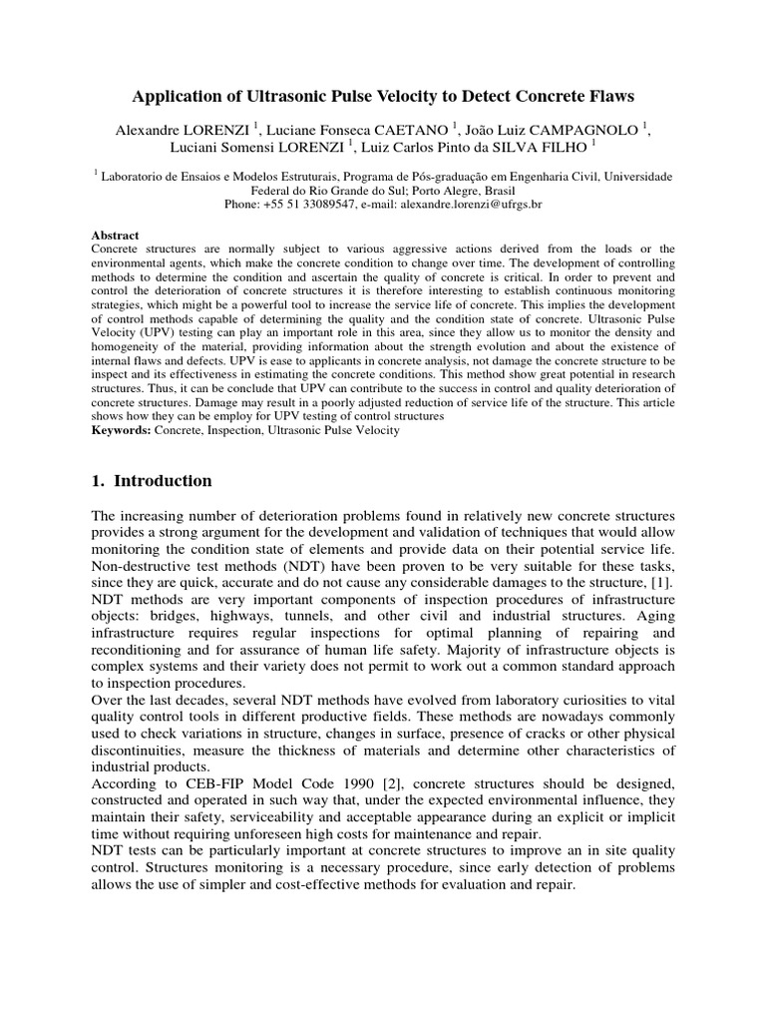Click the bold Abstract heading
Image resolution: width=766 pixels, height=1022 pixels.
115,236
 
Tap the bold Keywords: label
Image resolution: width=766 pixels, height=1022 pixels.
121,429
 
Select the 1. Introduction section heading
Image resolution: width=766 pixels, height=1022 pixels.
151,481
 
